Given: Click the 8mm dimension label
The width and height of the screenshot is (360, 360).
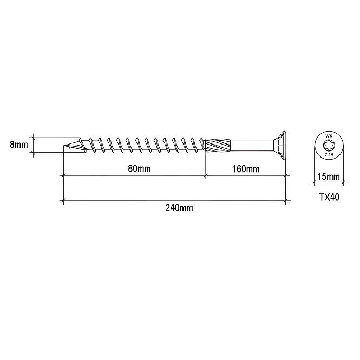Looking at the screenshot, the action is click(x=19, y=145).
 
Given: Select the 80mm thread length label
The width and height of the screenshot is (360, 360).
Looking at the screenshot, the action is click(x=139, y=168).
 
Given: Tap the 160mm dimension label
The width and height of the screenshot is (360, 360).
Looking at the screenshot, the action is click(x=246, y=169).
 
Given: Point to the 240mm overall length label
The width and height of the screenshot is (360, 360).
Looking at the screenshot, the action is click(x=179, y=208).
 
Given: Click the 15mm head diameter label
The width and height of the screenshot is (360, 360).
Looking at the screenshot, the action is click(x=329, y=177).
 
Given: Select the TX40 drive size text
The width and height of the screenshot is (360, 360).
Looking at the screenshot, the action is click(x=329, y=197).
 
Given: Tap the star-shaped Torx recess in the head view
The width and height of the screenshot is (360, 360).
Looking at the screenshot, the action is click(x=329, y=145).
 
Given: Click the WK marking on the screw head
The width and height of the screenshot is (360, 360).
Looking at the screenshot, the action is click(x=329, y=136).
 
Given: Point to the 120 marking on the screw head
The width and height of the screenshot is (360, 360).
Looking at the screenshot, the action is click(x=329, y=155).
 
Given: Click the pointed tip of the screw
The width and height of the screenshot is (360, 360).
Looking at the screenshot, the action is click(x=63, y=146).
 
